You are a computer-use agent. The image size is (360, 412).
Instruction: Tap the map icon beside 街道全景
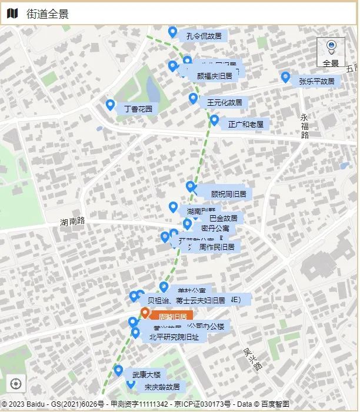click(13, 14)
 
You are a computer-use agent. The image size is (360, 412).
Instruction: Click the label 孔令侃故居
click(204, 36)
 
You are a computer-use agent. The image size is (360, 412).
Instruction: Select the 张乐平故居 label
click(316, 81)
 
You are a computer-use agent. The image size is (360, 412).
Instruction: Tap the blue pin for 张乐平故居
click(286, 77)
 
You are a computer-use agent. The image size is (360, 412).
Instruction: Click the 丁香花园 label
click(138, 109)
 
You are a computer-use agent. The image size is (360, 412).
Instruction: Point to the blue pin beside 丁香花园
click(110, 105)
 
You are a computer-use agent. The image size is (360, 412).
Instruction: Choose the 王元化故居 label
click(224, 102)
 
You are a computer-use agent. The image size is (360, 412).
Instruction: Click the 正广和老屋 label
click(246, 124)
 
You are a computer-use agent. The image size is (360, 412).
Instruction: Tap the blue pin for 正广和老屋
click(215, 120)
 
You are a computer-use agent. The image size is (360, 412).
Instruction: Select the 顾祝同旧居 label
click(228, 193)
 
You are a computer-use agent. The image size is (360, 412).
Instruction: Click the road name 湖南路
click(72, 222)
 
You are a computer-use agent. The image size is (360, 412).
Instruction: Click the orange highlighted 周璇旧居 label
click(172, 316)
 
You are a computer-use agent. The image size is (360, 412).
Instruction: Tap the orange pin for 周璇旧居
click(145, 312)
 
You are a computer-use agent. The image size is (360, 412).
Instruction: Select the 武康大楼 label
click(146, 374)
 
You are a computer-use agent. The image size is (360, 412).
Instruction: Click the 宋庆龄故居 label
click(162, 387)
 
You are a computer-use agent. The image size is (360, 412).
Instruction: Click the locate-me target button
click(16, 384)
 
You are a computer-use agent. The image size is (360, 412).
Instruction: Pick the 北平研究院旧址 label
click(174, 337)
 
